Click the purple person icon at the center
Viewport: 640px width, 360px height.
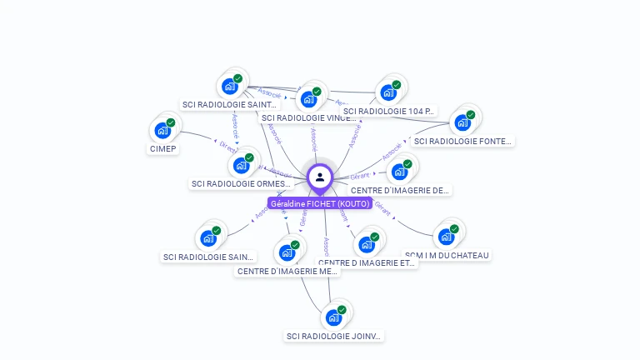[320, 177]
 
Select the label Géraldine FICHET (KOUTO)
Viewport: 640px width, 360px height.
[320, 203]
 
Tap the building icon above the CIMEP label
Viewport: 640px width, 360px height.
[162, 131]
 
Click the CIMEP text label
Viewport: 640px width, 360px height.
[162, 149]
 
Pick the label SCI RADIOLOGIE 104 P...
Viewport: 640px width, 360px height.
[388, 111]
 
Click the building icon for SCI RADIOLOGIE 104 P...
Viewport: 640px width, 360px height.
[388, 92]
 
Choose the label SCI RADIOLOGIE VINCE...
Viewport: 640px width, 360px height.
[308, 118]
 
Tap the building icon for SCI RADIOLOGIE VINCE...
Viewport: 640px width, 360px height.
[309, 99]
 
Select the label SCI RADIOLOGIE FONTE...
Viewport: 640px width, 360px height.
[462, 142]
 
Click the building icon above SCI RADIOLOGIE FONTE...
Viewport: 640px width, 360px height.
[462, 122]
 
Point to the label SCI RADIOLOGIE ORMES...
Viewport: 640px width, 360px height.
[241, 184]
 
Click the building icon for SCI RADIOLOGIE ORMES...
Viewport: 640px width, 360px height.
[242, 164]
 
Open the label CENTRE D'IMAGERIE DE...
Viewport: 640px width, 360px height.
[400, 191]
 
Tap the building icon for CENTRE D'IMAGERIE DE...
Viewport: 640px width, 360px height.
[400, 172]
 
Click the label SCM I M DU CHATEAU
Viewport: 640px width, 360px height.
[447, 255]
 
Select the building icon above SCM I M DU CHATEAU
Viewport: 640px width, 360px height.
[447, 237]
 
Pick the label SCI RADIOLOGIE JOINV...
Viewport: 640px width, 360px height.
[333, 337]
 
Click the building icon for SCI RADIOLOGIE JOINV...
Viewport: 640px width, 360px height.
[334, 317]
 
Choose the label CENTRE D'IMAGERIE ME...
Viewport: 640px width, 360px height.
[287, 272]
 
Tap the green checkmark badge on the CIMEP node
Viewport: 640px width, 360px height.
[171, 122]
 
